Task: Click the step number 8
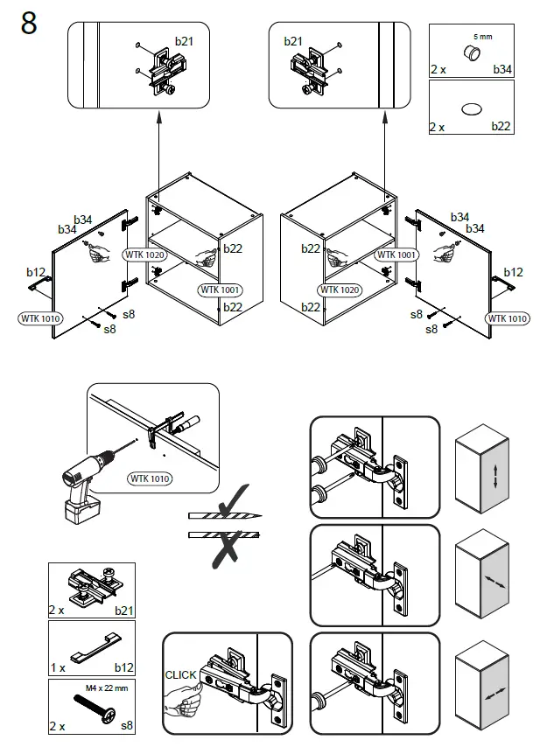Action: tap(29, 24)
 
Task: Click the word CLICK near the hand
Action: tap(181, 675)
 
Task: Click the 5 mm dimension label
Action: tap(482, 37)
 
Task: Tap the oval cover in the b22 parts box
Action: tap(471, 108)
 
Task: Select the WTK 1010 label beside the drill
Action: tap(150, 478)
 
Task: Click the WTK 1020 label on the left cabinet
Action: tap(144, 255)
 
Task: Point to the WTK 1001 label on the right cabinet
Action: tap(396, 255)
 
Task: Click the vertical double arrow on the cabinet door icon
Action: tap(495, 478)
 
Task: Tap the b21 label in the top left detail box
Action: tap(184, 41)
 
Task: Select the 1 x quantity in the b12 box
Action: tap(58, 667)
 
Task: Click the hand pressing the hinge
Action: tap(184, 699)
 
